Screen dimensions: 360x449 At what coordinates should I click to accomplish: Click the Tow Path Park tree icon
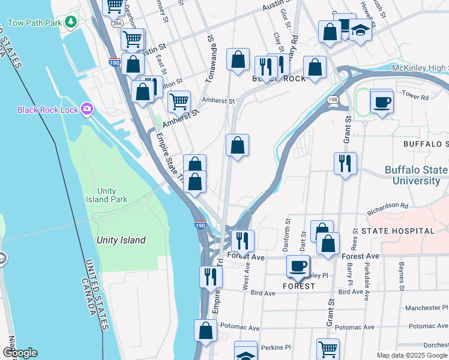71,22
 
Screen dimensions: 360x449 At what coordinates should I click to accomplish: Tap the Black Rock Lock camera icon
87,109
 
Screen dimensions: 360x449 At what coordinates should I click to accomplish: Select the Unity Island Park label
106,195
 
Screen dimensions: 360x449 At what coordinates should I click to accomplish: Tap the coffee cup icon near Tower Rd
381,101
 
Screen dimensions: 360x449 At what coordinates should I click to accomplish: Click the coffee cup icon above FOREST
297,266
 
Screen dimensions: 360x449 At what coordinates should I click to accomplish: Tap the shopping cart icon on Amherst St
179,101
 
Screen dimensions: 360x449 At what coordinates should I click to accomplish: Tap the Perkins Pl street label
279,347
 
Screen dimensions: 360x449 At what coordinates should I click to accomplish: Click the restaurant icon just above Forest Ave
243,240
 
